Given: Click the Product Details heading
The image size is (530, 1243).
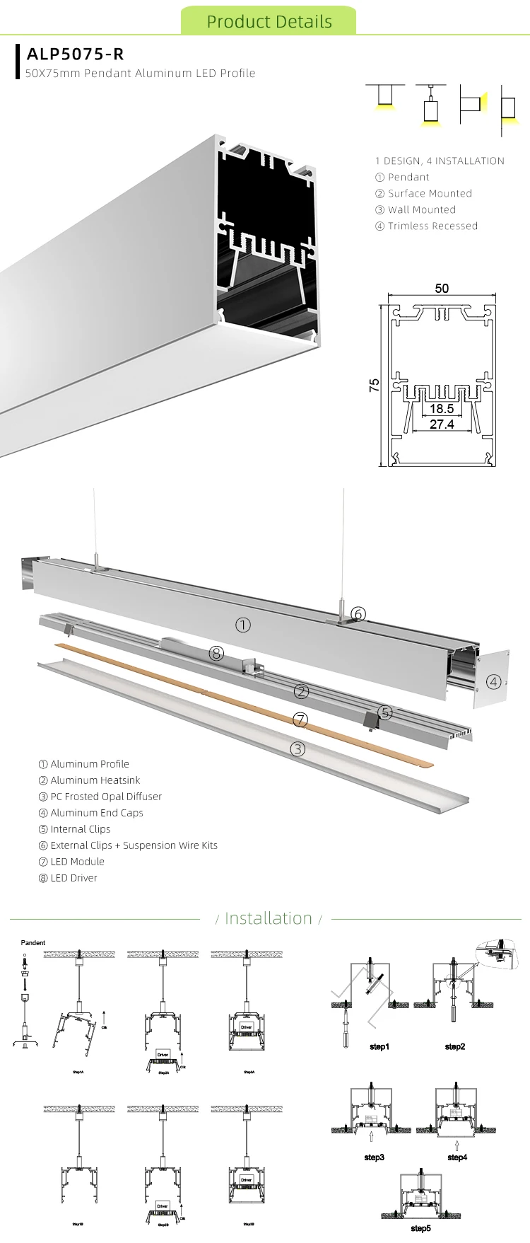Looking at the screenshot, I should pyautogui.click(x=269, y=21).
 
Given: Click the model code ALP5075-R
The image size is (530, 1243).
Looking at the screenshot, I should pyautogui.click(x=75, y=54).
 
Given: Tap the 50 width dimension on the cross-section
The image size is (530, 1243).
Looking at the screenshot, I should pyautogui.click(x=442, y=288).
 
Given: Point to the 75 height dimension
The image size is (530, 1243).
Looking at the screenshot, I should pyautogui.click(x=374, y=385).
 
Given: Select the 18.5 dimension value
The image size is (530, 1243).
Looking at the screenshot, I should pyautogui.click(x=442, y=409).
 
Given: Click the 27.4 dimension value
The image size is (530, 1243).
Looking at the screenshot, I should pyautogui.click(x=442, y=425).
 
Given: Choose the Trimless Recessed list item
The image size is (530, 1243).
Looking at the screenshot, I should pyautogui.click(x=426, y=226).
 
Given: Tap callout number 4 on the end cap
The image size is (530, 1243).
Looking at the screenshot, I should pyautogui.click(x=493, y=682).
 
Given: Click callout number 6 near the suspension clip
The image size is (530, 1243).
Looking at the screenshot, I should pyautogui.click(x=358, y=614).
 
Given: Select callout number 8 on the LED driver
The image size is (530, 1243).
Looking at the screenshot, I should pyautogui.click(x=216, y=654).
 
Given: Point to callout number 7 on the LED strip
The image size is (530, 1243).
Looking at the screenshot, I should pyautogui.click(x=300, y=720).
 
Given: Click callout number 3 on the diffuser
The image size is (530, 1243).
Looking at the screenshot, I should pyautogui.click(x=298, y=748).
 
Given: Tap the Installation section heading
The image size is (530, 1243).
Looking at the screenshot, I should pyautogui.click(x=268, y=918).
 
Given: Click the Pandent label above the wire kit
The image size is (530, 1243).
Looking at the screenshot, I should pyautogui.click(x=33, y=943).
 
